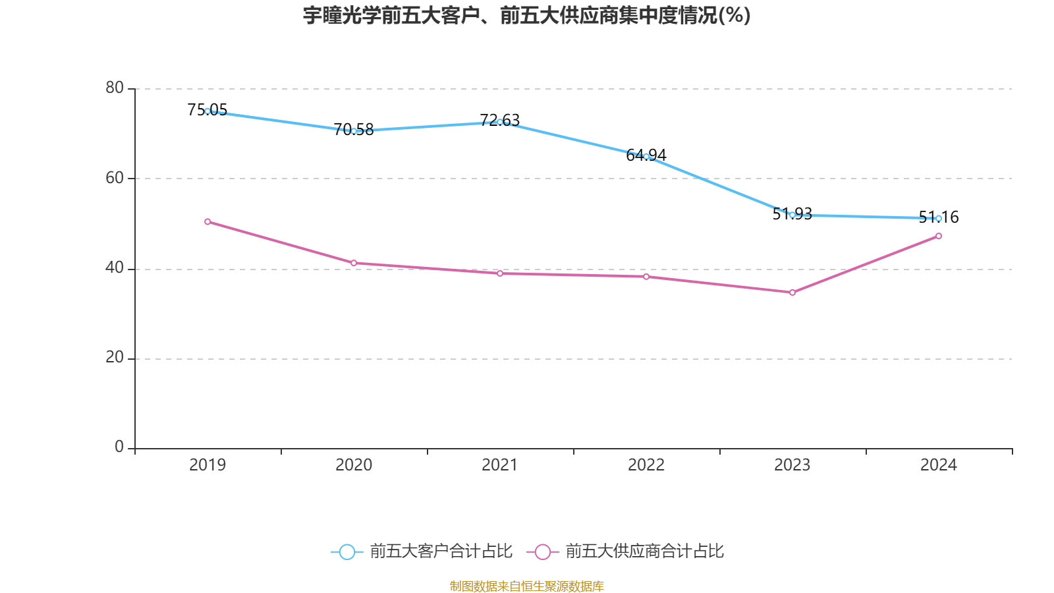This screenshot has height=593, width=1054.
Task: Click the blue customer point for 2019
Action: point(208,111)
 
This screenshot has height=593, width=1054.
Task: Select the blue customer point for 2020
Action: point(354,131)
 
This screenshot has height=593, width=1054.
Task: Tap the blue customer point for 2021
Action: point(500,122)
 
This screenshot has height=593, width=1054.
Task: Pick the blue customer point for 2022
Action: point(646,156)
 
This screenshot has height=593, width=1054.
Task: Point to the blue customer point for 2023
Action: point(792,215)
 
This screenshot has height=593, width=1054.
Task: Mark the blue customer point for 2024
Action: point(939,218)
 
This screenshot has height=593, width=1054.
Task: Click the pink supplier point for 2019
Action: point(208,221)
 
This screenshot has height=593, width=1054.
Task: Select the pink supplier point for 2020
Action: point(354,263)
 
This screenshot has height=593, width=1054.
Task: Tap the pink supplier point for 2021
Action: point(500,273)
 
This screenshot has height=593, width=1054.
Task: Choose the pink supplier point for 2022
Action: point(646,277)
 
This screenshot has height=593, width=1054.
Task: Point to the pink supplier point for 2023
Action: point(792,293)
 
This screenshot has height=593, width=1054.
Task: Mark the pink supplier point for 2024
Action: point(939,236)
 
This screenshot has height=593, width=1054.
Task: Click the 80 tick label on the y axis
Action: point(115,88)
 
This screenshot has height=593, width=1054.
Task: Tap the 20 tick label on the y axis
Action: point(115,357)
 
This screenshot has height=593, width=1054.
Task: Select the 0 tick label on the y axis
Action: point(119,447)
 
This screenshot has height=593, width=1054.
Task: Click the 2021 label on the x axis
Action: point(500,465)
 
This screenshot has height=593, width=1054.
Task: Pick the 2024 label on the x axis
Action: point(939,465)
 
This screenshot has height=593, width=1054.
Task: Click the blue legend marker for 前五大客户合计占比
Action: point(347,551)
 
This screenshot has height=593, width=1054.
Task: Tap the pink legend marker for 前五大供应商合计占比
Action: point(543,551)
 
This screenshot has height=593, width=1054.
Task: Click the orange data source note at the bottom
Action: point(527,586)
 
